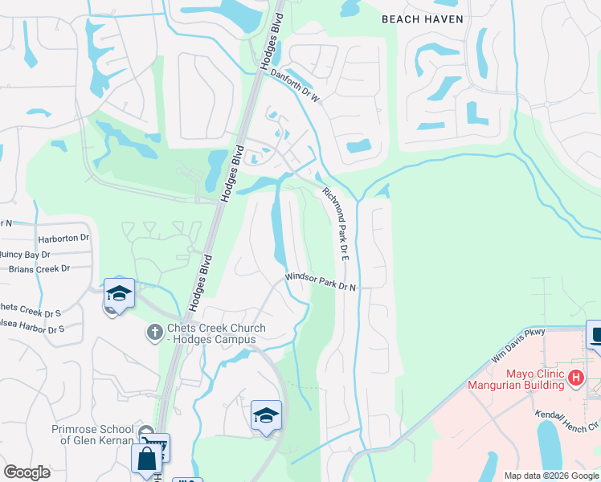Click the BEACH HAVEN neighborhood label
pyautogui.click(x=422, y=18)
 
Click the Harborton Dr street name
pyautogui.click(x=63, y=239)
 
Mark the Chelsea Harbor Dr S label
pyautogui.click(x=32, y=329)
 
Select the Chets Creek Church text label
pyautogui.click(x=211, y=333)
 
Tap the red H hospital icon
pyautogui.click(x=575, y=377)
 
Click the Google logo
pyautogui.click(x=27, y=472)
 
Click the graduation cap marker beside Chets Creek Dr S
pyautogui.click(x=119, y=293)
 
